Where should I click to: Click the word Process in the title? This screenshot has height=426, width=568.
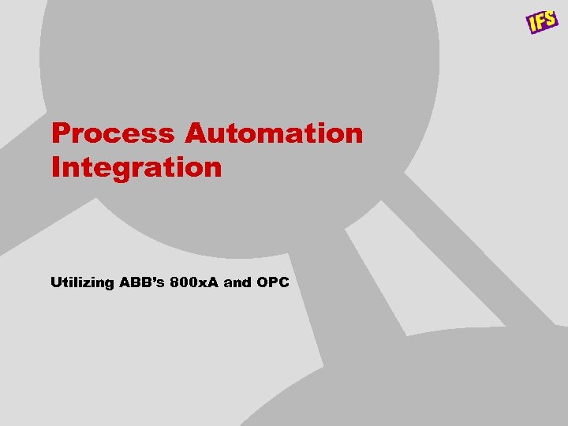pos(114,133)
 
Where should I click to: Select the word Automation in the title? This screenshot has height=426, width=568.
pos(274,133)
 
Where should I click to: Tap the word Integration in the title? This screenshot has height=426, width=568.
pos(136,167)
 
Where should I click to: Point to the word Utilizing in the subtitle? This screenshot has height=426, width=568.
pos(82,282)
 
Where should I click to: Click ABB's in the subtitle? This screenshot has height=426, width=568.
pos(141,282)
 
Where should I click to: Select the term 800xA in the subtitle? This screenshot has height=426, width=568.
pos(193,282)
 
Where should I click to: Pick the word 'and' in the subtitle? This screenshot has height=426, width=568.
pos(237,282)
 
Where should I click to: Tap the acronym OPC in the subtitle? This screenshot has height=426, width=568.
pos(273,282)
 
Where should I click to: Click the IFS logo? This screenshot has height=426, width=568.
pos(542,21)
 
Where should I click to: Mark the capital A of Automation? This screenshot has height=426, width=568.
pos(196,133)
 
